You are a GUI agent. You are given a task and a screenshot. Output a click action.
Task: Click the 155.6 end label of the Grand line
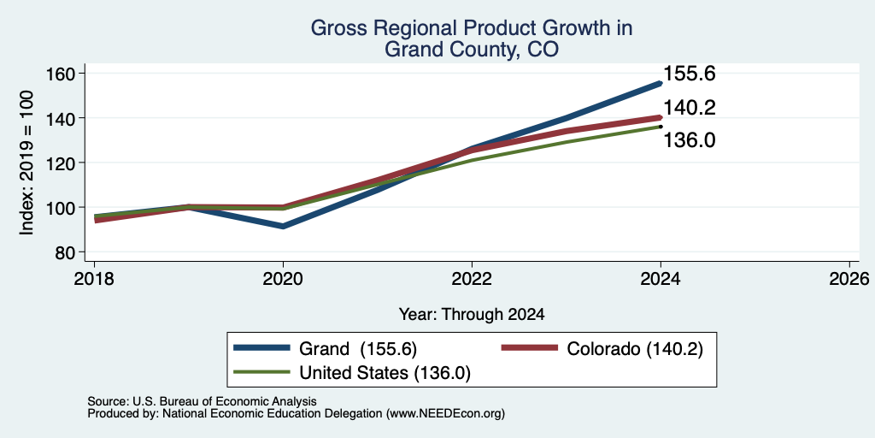[x=690, y=74]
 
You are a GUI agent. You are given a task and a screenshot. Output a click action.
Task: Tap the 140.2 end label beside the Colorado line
[x=690, y=108]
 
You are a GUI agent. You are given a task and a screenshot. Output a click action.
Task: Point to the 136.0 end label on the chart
[x=690, y=140]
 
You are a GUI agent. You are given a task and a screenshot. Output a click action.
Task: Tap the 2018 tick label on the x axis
[x=95, y=278]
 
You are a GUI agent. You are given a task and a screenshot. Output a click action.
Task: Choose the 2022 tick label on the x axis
[x=472, y=278]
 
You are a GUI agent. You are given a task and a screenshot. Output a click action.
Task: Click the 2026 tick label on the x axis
[x=849, y=278]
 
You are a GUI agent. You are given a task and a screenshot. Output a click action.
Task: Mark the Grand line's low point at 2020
[x=284, y=226]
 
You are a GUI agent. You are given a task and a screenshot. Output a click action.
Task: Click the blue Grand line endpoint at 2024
[x=661, y=83]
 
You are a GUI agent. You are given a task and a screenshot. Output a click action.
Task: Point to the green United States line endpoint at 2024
[x=661, y=127]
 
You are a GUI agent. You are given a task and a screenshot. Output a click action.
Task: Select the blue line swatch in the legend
[x=262, y=348]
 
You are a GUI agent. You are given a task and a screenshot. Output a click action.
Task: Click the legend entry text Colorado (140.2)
[x=635, y=349]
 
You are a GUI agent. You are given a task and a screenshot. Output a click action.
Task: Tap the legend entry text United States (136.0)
[x=385, y=373]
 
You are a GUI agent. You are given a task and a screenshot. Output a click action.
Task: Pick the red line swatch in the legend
[x=530, y=348]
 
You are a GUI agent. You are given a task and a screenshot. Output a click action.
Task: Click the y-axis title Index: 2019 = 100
[x=26, y=163]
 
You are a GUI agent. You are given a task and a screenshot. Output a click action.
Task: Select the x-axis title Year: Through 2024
[x=472, y=315]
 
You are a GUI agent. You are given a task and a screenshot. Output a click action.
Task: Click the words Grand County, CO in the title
[x=472, y=49]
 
